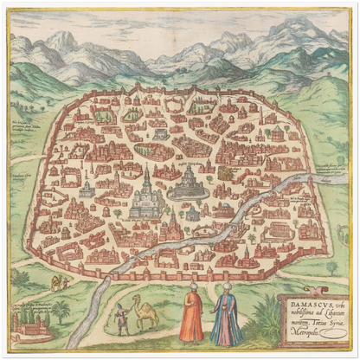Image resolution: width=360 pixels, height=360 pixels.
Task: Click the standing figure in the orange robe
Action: point(192,315)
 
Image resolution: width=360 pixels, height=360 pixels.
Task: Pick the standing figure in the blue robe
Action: point(226,317)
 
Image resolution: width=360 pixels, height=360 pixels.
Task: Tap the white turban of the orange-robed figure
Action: point(193,289)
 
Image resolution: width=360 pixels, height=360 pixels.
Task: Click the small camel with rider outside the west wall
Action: point(56,283)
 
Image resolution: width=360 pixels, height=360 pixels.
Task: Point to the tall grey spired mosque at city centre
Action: point(147,195)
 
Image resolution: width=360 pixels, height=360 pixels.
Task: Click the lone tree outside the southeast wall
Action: point(332,267)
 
